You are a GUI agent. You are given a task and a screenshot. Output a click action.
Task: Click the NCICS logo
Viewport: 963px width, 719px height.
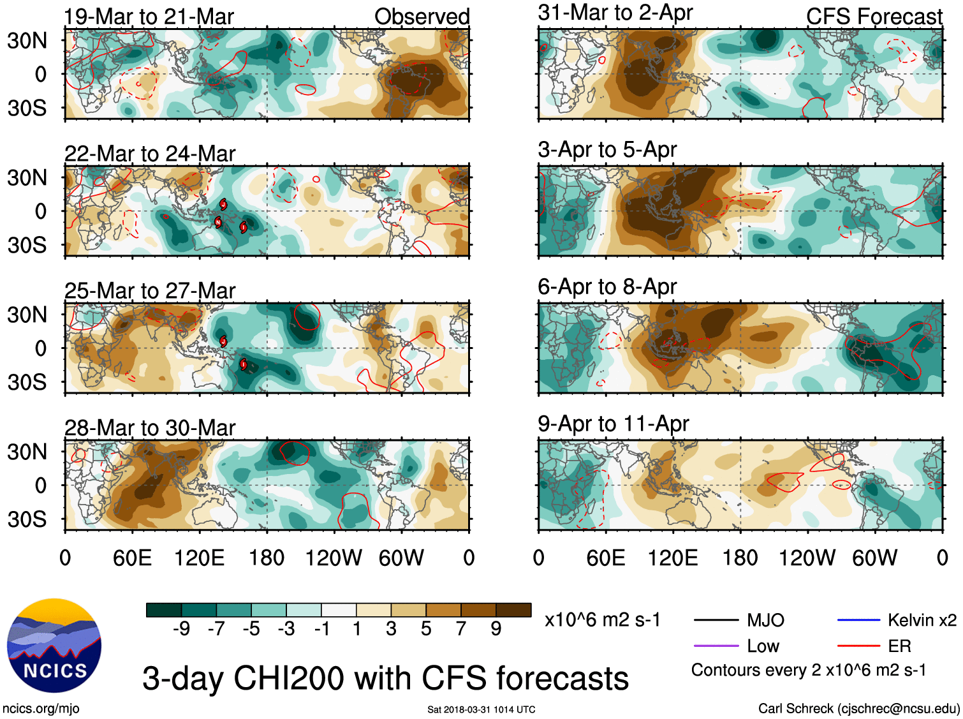[x=54, y=645]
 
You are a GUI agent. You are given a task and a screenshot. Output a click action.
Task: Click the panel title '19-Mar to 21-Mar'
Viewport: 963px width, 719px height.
[x=149, y=17]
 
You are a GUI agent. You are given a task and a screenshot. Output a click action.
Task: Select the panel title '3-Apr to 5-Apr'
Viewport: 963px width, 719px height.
[x=607, y=150]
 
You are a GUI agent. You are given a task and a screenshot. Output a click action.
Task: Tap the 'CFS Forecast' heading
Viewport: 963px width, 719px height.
[x=874, y=17]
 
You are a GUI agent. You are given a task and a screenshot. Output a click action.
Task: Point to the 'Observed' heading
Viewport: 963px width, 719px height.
[x=422, y=17]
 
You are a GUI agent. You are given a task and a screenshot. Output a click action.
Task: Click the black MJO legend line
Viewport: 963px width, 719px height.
[x=716, y=620]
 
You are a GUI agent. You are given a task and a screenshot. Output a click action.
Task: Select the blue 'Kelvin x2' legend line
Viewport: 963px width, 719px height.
[x=858, y=620]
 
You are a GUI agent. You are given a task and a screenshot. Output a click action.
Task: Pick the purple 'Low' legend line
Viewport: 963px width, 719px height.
[x=716, y=646]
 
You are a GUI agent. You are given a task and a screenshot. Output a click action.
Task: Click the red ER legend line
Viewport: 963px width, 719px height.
[x=858, y=646]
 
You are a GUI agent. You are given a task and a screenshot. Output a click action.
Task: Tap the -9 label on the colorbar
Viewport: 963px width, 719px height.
[x=181, y=629]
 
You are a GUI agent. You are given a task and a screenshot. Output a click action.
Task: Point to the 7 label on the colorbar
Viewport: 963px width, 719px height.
[x=461, y=629]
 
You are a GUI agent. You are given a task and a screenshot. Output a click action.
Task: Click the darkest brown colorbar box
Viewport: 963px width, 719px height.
[x=513, y=610]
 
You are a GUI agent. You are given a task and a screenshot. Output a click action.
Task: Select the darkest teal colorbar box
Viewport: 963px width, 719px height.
[x=164, y=610]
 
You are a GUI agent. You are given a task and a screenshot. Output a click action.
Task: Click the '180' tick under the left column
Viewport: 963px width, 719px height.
[x=267, y=558]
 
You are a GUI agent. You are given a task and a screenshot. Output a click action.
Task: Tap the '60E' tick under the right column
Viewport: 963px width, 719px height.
[x=605, y=558]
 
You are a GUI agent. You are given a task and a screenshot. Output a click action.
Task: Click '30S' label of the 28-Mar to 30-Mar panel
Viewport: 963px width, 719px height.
[x=27, y=519]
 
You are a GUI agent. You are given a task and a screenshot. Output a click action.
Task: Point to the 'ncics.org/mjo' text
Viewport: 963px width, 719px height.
[x=41, y=708]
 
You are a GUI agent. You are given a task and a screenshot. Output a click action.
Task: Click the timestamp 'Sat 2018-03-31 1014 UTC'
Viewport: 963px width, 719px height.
[x=481, y=709]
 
